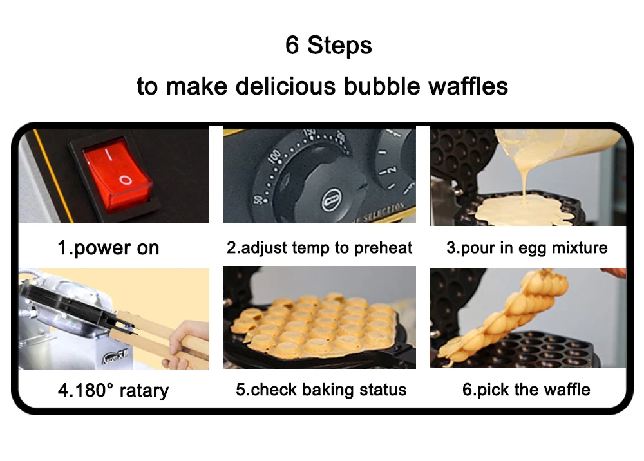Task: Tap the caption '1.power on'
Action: point(108,247)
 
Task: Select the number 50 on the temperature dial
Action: point(258,200)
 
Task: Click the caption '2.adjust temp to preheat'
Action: point(319,247)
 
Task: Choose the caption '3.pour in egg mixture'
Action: point(527,247)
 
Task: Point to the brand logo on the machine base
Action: point(115,357)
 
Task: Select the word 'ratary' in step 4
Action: point(144,390)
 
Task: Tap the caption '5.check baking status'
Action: point(321,390)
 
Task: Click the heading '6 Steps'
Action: point(328,44)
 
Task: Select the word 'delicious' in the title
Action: point(285,86)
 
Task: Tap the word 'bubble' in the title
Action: point(382,86)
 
